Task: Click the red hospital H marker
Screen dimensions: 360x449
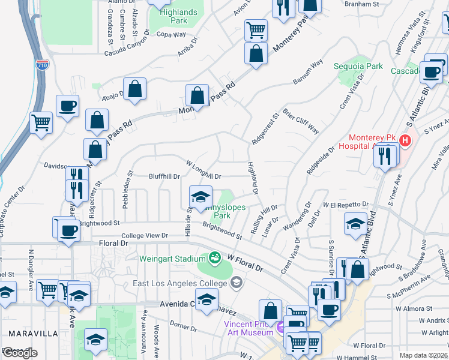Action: [x=406, y=141]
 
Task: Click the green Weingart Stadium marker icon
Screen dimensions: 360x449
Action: [x=214, y=258]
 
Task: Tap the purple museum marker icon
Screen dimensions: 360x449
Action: [x=280, y=328]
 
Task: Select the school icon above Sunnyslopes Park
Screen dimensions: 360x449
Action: [x=200, y=196]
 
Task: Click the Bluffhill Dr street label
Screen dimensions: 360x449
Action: [x=164, y=176]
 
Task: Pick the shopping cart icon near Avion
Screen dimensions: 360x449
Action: [x=256, y=29]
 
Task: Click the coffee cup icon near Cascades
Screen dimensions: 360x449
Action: [x=430, y=72]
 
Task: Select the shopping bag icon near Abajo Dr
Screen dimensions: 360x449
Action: [x=136, y=89]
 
